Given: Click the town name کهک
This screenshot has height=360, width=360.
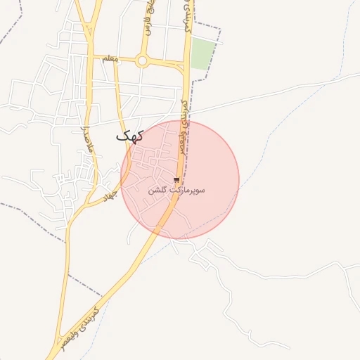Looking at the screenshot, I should [x=130, y=135].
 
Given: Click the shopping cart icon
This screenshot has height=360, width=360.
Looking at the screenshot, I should [x=176, y=180].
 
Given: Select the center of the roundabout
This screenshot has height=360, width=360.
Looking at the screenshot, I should [x=142, y=61].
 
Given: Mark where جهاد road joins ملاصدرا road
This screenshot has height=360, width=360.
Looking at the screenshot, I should [x=86, y=206].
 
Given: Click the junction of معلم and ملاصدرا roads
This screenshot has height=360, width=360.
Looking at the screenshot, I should [x=91, y=58].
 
